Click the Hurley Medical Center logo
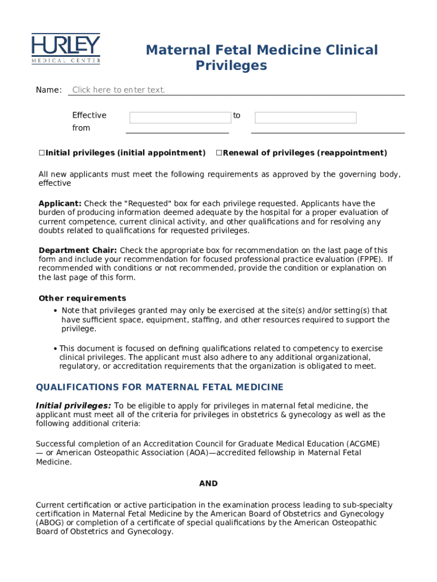tap(66, 49)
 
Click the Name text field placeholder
tap(119, 90)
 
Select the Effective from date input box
tap(180, 118)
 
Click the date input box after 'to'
tap(305, 118)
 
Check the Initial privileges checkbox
tap(41, 153)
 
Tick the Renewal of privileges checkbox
tap(218, 153)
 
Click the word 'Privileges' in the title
tap(231, 66)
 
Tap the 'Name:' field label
tap(49, 90)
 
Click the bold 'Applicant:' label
tap(60, 203)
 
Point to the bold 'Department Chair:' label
tap(78, 250)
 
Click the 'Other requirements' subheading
tap(82, 298)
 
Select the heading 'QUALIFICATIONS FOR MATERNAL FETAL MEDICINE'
tap(159, 388)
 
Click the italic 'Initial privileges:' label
tap(73, 406)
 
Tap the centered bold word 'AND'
tap(208, 484)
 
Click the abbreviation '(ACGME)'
tap(362, 443)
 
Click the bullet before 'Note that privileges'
tap(55, 311)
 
